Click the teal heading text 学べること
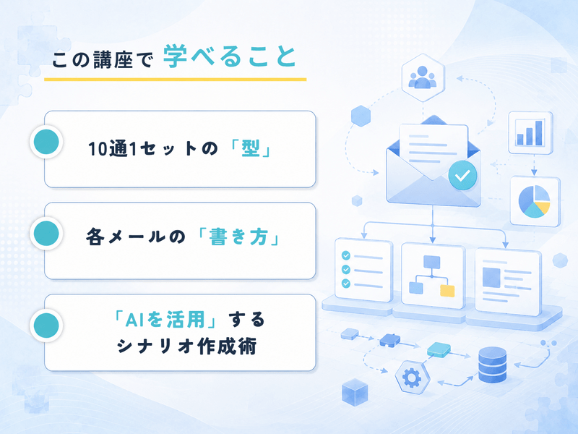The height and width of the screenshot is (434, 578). [x=229, y=56]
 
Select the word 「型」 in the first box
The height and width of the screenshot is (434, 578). [x=251, y=149]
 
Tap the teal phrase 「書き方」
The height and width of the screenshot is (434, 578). [x=238, y=237]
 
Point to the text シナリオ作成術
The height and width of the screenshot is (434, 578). [x=187, y=346]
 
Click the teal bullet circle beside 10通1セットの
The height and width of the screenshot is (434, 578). [x=46, y=142]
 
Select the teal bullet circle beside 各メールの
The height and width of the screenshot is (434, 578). [x=46, y=233]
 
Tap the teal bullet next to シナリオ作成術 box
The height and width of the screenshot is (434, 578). [x=46, y=325]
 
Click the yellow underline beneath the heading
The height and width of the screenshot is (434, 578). [x=175, y=80]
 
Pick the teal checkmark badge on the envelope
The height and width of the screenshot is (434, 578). [x=462, y=175]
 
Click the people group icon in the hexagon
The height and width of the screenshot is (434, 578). [x=423, y=77]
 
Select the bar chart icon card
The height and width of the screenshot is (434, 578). [x=530, y=132]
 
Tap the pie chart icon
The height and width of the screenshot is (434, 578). [x=534, y=201]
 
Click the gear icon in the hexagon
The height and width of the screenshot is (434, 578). [x=412, y=377]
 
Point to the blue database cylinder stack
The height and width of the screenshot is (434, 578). [x=493, y=365]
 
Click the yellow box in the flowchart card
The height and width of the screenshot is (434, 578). [x=447, y=291]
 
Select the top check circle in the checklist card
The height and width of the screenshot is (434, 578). [x=346, y=255]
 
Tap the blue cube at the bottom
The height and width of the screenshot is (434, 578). [x=355, y=392]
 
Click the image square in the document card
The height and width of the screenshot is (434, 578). [x=491, y=278]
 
